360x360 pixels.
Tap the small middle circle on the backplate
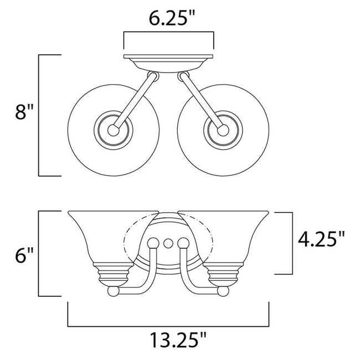click(168, 242)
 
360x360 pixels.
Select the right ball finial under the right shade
click(223, 291)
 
